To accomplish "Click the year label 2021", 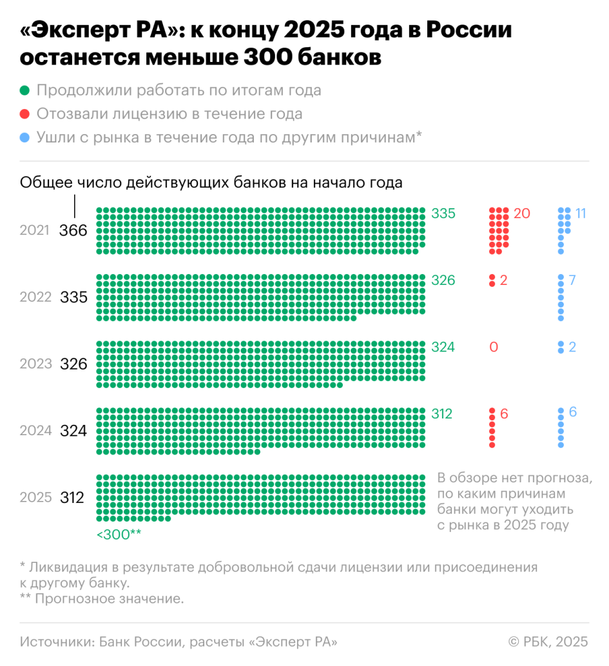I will (x=35, y=230).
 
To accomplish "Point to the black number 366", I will (x=73, y=230).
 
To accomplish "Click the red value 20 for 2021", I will (x=522, y=213).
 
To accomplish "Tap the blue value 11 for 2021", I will (x=581, y=213).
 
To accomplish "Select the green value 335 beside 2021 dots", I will (x=443, y=213).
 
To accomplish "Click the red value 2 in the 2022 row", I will (x=504, y=280).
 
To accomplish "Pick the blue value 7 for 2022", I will (x=572, y=280).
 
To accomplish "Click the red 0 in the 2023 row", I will (x=494, y=348).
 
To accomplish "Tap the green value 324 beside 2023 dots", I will (x=443, y=348).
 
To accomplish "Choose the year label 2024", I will (x=35, y=431).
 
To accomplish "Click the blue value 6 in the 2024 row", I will (x=572, y=414).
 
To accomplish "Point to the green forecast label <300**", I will (x=119, y=534).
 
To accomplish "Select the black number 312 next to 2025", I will (x=73, y=498).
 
